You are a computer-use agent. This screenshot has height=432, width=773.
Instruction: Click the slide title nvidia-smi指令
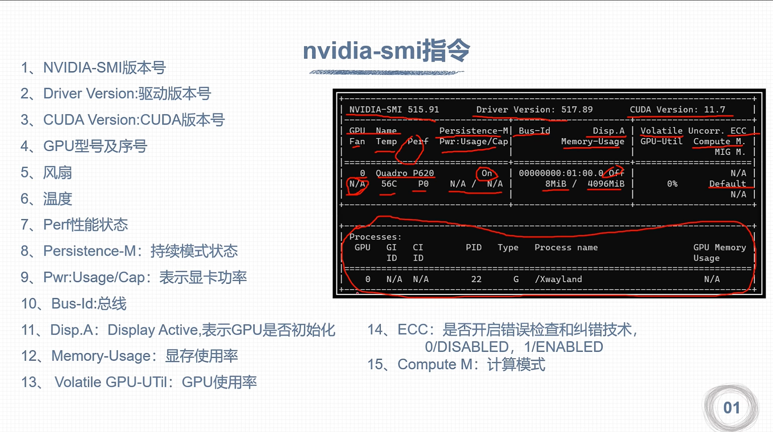pyautogui.click(x=386, y=51)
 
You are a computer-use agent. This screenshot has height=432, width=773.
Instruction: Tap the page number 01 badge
pyautogui.click(x=731, y=408)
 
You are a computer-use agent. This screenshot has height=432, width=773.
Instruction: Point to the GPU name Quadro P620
pyautogui.click(x=405, y=173)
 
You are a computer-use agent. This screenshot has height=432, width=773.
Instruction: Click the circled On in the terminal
pyautogui.click(x=487, y=173)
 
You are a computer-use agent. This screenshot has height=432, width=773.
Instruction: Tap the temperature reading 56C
pyautogui.click(x=389, y=184)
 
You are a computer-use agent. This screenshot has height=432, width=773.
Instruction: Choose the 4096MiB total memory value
pyautogui.click(x=606, y=184)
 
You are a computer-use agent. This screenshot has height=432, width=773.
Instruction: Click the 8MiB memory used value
pyautogui.click(x=555, y=184)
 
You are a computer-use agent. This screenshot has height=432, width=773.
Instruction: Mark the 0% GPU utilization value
pyautogui.click(x=672, y=184)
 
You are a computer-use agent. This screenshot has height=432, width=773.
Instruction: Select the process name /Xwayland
pyautogui.click(x=558, y=279)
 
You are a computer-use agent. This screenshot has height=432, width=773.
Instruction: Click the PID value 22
pyautogui.click(x=476, y=279)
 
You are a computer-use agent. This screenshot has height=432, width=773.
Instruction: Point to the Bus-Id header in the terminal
pyautogui.click(x=534, y=131)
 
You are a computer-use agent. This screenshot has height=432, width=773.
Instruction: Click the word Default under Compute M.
pyautogui.click(x=727, y=184)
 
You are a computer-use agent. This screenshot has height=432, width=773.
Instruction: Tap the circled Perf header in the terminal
pyautogui.click(x=418, y=142)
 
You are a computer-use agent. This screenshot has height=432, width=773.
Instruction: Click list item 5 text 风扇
pyautogui.click(x=58, y=173)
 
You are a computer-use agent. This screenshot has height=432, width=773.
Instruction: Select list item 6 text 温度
pyautogui.click(x=58, y=199)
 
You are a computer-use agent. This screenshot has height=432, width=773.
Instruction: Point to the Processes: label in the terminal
pyautogui.click(x=375, y=237)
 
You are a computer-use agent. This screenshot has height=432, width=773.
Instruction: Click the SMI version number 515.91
pyautogui.click(x=423, y=110)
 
